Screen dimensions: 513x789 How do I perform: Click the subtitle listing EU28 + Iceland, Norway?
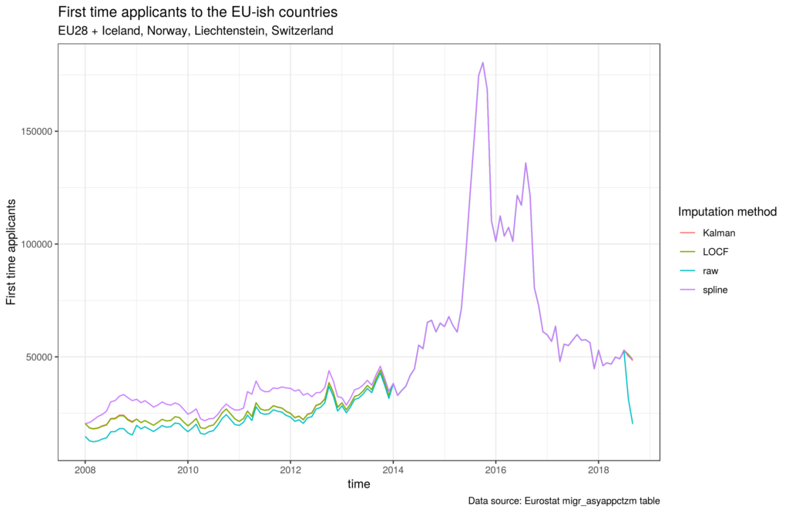[x=196, y=32]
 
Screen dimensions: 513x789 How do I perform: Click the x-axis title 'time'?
[x=358, y=484]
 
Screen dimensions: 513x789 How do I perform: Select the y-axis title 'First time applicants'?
[x=13, y=251]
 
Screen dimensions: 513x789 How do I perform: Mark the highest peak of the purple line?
[x=483, y=62]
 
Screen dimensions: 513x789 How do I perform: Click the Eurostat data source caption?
[x=564, y=501]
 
